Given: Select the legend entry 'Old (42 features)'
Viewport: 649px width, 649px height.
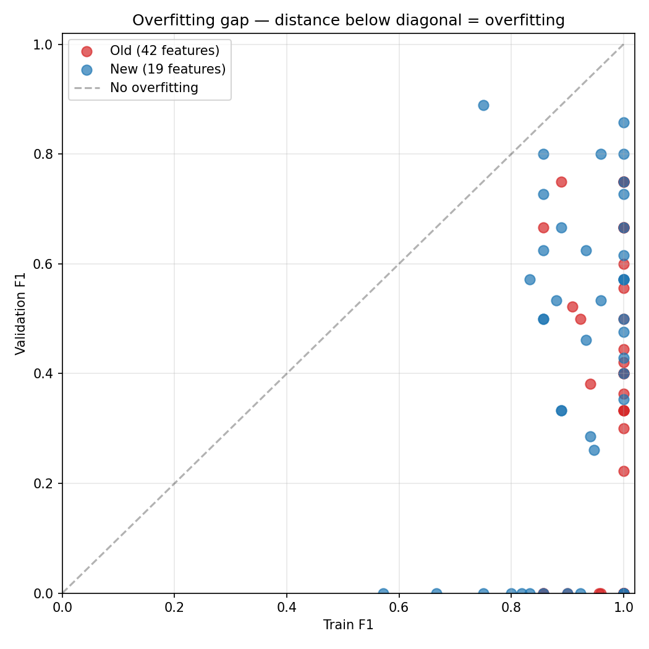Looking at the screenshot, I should click(164, 51).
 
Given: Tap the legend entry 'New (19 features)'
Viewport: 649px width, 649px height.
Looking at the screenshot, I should click(168, 69).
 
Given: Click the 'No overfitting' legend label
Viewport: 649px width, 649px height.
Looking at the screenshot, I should click(154, 88).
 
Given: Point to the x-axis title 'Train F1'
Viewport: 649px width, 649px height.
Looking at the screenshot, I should click(348, 625).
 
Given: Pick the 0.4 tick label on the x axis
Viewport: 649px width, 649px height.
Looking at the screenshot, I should click(287, 608).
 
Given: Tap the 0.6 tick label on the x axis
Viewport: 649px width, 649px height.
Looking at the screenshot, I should click(399, 608).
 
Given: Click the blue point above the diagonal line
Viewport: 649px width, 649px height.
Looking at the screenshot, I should click(483, 105).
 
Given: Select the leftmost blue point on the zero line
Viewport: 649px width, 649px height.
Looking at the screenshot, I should click(383, 593).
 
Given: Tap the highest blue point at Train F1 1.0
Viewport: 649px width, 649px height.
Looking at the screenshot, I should click(624, 122).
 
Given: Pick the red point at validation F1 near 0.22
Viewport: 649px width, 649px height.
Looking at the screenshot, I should click(624, 471).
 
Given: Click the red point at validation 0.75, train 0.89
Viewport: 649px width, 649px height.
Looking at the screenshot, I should click(561, 182).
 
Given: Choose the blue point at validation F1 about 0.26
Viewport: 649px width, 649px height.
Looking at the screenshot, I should click(594, 450).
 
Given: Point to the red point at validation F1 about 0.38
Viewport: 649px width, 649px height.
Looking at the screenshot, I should click(590, 384).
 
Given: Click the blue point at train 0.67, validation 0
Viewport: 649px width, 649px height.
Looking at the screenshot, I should click(436, 593).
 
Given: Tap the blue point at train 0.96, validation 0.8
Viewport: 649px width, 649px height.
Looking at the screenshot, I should click(601, 154).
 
